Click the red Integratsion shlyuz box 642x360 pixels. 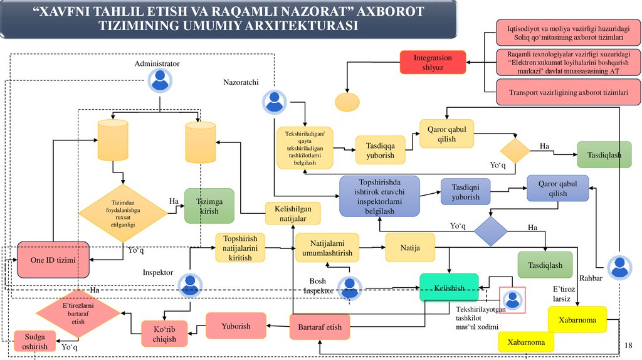tap(433, 63)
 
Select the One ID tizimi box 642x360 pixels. tap(53, 259)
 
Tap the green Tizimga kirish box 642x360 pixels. tap(209, 206)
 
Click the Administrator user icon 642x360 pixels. tap(159, 80)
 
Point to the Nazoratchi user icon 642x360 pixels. tap(274, 102)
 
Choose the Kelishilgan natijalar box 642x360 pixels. tap(293, 213)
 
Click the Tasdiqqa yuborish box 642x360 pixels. tap(380, 151)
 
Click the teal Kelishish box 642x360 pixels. tap(449, 288)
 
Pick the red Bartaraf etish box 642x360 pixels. tap(320, 327)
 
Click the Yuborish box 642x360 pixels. tap(236, 326)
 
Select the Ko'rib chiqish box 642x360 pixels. tap(165, 334)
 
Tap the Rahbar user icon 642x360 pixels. tap(620, 268)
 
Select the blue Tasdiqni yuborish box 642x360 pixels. tap(465, 191)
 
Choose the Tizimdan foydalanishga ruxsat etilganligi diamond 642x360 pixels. tap(123, 213)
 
